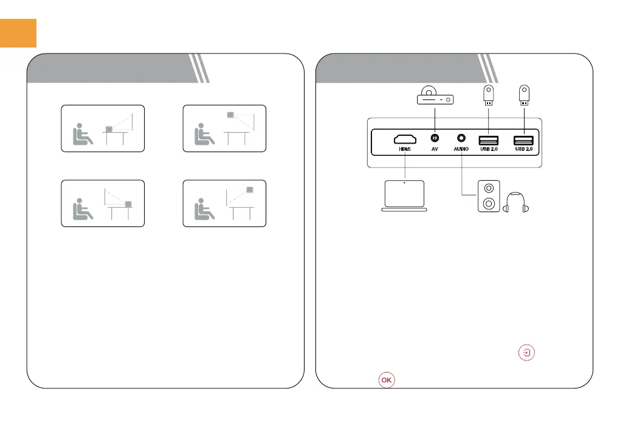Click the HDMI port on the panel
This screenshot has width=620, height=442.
click(x=404, y=139)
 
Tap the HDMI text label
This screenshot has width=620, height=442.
click(x=404, y=149)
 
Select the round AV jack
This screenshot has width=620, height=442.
click(x=435, y=139)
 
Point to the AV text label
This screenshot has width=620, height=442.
click(x=435, y=149)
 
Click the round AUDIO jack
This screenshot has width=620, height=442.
click(x=461, y=139)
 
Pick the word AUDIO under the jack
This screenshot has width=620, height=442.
click(x=461, y=149)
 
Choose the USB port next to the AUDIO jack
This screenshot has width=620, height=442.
click(x=489, y=139)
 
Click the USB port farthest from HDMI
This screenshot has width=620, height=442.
click(x=524, y=139)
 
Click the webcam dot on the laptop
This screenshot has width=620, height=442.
click(x=404, y=182)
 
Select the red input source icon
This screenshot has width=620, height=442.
click(x=528, y=353)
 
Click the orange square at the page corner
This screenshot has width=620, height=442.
click(x=18, y=33)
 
